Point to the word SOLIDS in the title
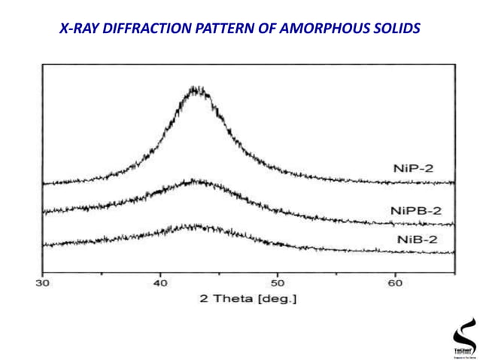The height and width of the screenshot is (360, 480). click(395, 29)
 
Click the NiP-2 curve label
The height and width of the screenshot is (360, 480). click(413, 168)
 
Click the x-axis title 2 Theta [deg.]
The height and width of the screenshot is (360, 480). click(248, 299)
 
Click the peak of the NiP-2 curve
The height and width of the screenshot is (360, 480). click(196, 90)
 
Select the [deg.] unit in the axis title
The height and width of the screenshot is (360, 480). click(278, 299)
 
